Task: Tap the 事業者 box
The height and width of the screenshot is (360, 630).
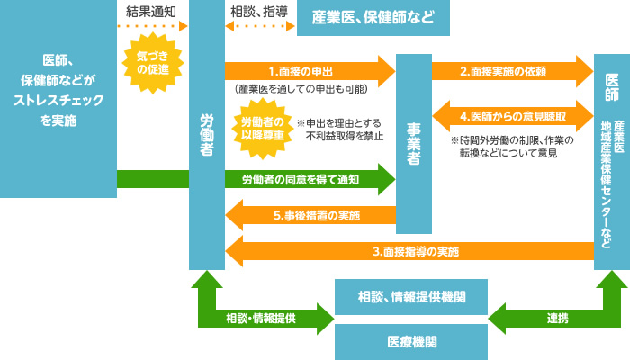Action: (413, 144)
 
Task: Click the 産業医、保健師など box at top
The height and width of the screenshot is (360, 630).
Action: (373, 17)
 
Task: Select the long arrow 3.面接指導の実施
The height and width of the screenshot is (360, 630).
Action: (409, 250)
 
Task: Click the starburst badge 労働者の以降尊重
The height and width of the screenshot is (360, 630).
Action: (260, 128)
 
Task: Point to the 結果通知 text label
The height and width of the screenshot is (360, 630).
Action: (152, 11)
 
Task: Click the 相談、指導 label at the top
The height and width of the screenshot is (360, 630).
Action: (259, 11)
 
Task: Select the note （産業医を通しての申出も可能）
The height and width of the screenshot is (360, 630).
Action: (300, 90)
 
